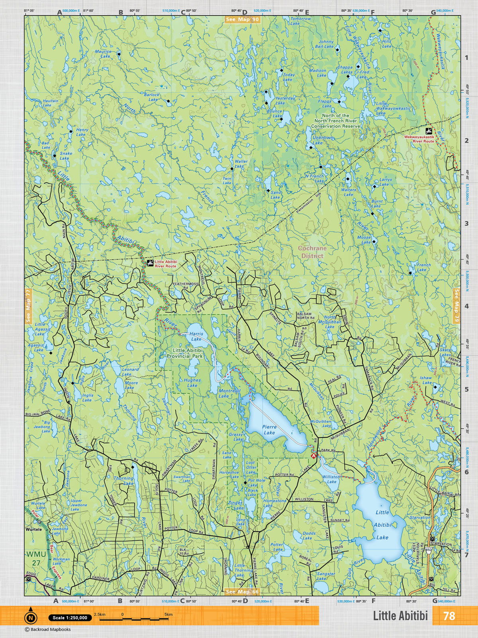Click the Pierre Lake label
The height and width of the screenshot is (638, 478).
tap(269, 429)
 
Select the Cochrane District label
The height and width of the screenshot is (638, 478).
tap(313, 252)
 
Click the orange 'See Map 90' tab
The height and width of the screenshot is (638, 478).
tap(242, 20)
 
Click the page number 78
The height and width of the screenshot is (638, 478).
tap(449, 616)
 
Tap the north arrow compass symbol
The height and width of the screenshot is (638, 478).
tap(30, 618)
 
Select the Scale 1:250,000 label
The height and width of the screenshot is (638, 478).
tap(70, 618)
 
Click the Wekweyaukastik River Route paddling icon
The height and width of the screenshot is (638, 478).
tap(429, 131)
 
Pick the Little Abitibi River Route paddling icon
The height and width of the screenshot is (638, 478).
tap(150, 263)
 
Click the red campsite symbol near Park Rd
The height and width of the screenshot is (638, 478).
tap(314, 455)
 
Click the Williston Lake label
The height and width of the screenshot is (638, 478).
tap(331, 479)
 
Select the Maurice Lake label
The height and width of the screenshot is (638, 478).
tap(103, 54)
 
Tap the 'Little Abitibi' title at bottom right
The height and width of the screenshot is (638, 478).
tap(400, 616)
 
